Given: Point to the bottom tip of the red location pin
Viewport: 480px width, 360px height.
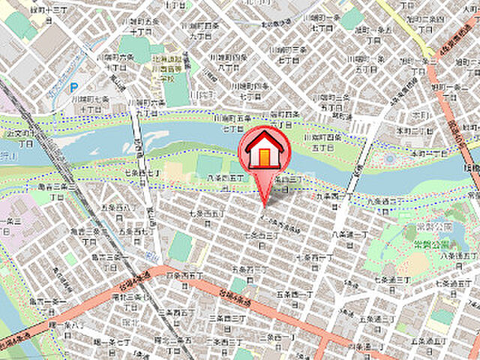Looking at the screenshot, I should pyautogui.click(x=264, y=205).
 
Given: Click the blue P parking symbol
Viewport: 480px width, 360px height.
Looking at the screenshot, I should pyautogui.click(x=73, y=88).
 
